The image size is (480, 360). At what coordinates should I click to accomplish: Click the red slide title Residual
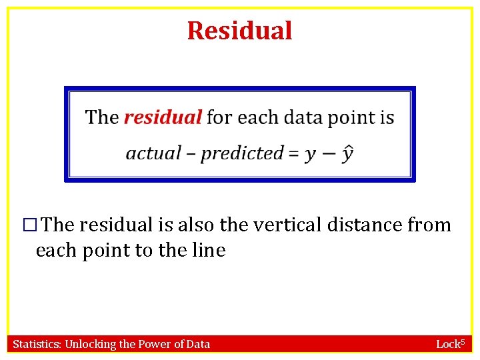pos(239,31)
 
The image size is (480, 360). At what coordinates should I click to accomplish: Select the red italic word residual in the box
pos(163,117)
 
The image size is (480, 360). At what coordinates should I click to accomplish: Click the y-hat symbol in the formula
pos(347,153)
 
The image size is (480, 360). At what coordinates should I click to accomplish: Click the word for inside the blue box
pos(219,117)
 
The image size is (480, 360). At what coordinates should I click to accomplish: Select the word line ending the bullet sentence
pos(210,251)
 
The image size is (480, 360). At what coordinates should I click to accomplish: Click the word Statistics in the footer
pos(37,344)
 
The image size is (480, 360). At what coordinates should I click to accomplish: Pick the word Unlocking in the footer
pos(90,344)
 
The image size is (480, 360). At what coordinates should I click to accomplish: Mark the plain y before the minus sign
pos(310,155)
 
